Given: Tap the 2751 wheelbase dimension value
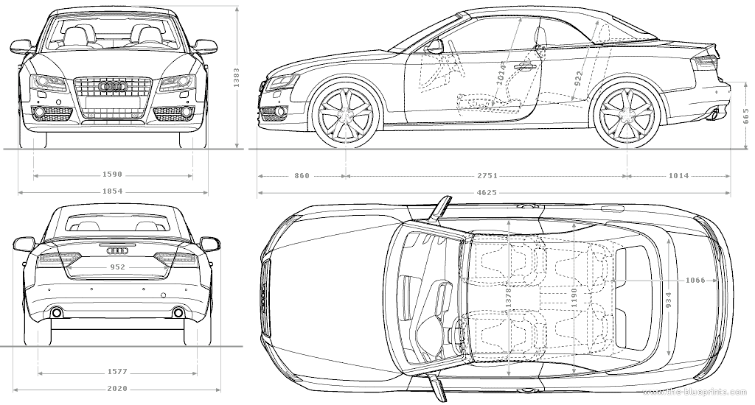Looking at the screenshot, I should click(487, 176).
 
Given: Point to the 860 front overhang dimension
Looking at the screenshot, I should click(302, 176).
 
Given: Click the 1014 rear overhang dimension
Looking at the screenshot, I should click(678, 176).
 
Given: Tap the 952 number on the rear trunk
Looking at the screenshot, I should click(117, 267).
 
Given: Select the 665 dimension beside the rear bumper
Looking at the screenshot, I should click(745, 116).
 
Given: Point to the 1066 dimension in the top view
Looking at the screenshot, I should click(695, 281).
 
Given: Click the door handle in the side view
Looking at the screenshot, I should click(524, 67).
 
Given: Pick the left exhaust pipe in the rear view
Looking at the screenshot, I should click(57, 314).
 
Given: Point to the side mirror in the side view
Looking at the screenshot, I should click(434, 46).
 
